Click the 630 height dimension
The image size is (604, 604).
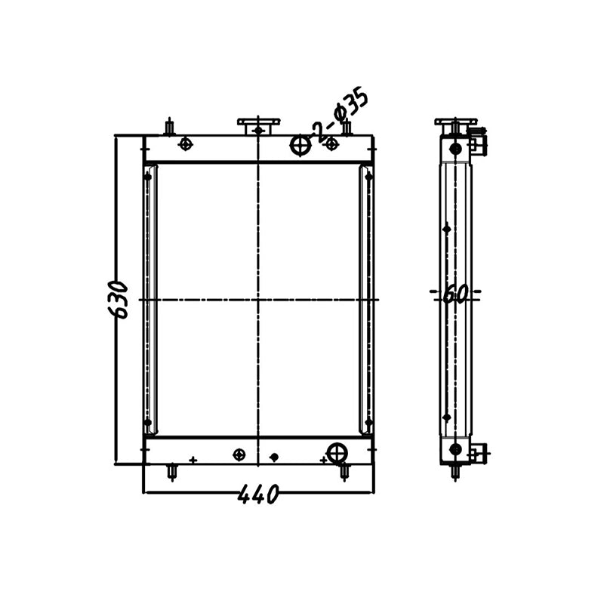click(119, 299)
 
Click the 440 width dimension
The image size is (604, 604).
click(258, 495)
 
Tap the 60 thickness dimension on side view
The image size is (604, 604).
click(455, 293)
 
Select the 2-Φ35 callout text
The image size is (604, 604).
click(341, 116)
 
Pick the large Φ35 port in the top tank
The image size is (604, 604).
click(300, 145)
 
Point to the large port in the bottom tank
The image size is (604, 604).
click(337, 453)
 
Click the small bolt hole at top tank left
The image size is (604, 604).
click(185, 144)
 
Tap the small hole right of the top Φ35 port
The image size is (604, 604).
click(331, 144)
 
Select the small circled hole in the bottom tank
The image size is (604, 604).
click(239, 454)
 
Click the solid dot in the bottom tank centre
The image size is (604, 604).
click(274, 457)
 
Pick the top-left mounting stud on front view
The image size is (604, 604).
click(170, 126)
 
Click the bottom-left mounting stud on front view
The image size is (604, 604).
click(172, 473)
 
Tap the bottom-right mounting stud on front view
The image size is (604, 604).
click(345, 473)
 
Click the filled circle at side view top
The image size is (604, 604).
click(455, 149)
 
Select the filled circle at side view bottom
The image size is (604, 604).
click(455, 450)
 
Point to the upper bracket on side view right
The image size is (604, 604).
click(477, 141)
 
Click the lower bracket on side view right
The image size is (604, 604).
click(476, 453)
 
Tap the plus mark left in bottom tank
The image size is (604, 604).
click(193, 460)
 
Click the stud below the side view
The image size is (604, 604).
click(455, 473)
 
